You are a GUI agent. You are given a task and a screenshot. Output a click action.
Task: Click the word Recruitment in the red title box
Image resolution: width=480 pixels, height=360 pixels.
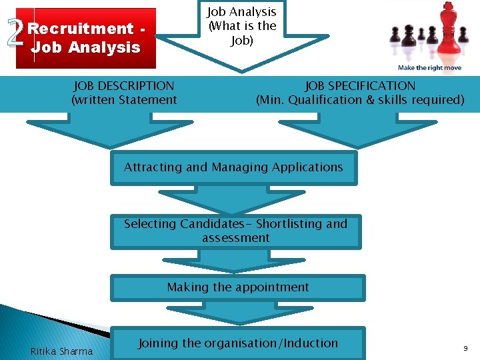coord(81,29)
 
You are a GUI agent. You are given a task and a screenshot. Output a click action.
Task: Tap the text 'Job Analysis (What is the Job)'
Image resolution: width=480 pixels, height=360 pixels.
coord(241,27)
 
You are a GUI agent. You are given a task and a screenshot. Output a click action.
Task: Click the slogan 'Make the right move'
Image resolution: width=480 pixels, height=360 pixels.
coord(429,68)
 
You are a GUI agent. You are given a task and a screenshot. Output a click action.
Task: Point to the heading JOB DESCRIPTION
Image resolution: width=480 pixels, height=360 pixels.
coord(124,86)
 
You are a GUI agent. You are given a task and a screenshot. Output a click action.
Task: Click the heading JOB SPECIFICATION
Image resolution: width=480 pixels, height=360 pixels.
coord(360,86)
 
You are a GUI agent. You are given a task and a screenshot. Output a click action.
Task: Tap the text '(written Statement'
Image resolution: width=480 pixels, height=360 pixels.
coord(124,101)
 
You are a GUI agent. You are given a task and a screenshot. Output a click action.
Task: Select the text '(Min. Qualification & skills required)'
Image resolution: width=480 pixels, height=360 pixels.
coord(360,101)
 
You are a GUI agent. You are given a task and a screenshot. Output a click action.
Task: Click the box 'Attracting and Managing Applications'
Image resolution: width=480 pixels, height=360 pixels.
coord(233,167)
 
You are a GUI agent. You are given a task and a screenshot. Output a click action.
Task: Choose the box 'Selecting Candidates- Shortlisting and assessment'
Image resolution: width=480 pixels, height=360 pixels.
coord(235,231)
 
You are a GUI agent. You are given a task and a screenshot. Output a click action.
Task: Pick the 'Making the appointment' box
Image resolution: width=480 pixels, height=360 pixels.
coord(238,287)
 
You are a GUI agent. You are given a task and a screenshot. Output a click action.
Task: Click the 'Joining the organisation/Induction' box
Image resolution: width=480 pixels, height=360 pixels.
coord(238,343)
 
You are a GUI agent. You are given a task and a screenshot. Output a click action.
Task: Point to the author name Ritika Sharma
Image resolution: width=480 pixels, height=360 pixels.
coord(61,351)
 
